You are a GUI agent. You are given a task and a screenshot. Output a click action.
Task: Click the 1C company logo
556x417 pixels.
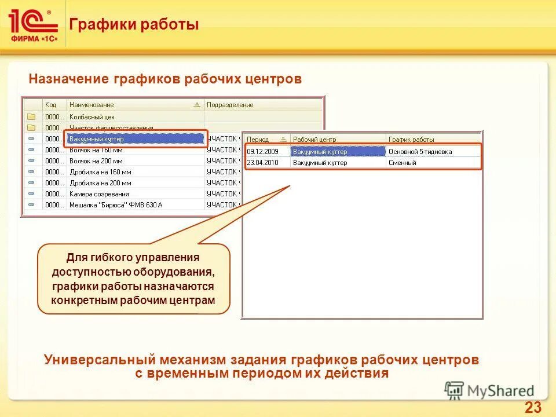click(x=33, y=24)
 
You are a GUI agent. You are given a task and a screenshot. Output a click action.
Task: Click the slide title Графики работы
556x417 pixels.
click(x=134, y=24)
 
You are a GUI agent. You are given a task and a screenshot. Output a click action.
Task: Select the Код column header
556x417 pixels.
click(x=51, y=105)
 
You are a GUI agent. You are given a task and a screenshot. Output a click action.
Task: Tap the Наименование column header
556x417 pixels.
click(x=92, y=105)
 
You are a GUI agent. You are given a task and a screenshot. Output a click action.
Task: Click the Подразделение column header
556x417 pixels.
click(x=230, y=105)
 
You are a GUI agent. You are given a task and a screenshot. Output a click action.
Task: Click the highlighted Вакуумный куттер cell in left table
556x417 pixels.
click(x=134, y=139)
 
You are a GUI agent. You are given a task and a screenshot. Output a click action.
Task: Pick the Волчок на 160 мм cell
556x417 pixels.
click(x=96, y=150)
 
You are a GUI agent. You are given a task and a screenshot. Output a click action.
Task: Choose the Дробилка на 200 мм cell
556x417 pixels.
click(x=100, y=183)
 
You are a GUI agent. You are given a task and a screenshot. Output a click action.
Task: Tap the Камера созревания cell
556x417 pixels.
click(x=99, y=194)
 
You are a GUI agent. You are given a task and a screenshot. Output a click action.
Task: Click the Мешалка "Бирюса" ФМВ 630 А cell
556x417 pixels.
click(x=116, y=205)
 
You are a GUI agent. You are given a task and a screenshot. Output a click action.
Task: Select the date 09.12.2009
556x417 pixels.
click(x=262, y=152)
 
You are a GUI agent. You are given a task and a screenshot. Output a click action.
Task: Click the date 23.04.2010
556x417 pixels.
click(x=262, y=163)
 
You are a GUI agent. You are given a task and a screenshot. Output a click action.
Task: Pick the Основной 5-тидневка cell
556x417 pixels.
click(x=420, y=152)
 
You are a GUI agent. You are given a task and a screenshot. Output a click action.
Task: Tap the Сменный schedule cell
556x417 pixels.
click(x=403, y=163)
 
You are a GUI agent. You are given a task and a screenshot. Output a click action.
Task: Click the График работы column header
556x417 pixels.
click(x=411, y=140)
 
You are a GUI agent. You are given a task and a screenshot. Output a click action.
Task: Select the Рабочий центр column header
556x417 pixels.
click(x=314, y=140)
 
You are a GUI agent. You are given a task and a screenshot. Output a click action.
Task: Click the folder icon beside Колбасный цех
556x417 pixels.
click(x=31, y=116)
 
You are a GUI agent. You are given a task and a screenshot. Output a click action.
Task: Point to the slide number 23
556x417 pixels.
click(x=533, y=407)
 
